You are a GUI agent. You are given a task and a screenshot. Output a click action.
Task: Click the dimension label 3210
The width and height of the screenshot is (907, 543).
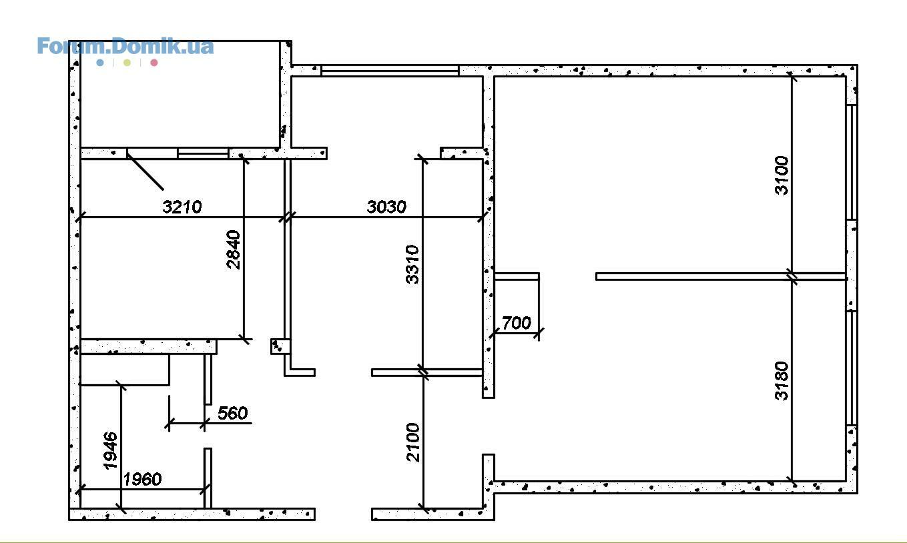coord(182,207)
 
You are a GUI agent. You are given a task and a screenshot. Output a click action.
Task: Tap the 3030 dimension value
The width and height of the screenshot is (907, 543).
coord(386,207)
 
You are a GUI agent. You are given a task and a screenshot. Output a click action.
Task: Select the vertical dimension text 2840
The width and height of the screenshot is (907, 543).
coord(234,249)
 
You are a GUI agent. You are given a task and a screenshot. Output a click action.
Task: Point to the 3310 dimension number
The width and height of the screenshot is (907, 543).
coord(412,265)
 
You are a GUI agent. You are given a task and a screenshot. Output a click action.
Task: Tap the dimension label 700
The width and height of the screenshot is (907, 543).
coord(517,323)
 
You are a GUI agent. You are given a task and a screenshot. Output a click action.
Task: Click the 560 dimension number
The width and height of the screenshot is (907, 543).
coord(232,413)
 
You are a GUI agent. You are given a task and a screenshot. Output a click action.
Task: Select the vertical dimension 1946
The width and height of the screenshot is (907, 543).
coord(111,451)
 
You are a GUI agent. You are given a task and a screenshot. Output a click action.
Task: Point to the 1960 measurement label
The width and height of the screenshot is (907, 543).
coord(142,480)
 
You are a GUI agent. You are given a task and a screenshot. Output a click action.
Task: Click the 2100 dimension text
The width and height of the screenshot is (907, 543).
coord(413,442)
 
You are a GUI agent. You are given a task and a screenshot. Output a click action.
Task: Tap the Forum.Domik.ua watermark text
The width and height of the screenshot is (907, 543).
coord(125,46)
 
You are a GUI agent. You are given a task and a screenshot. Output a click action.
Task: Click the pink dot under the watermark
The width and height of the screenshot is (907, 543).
coord(154,63)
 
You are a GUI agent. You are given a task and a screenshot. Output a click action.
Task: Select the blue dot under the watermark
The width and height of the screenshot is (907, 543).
coord(100,63)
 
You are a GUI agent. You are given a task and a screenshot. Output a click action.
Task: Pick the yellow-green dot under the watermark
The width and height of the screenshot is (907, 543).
coord(127,63)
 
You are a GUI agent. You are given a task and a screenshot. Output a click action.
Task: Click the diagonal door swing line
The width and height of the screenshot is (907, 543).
coord(145,171)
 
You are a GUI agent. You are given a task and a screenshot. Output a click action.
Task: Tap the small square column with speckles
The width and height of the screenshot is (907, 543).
coord(280,347)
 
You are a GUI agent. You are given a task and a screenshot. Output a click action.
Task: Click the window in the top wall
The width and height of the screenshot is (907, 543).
coord(390,71)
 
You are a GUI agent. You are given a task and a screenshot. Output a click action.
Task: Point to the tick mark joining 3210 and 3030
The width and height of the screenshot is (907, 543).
coord(288,217)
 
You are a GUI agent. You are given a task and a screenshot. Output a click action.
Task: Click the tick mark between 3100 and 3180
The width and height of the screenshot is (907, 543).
coord(792,276)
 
